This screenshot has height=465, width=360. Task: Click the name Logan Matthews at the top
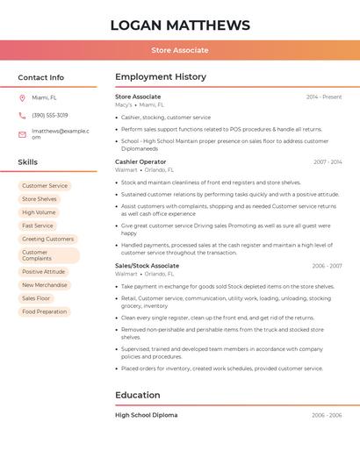[180, 25]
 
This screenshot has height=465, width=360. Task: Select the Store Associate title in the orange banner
[180, 50]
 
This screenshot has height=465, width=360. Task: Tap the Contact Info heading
[41, 77]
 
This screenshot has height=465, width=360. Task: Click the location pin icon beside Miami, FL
[22, 97]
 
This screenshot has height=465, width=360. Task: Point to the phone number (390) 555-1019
[50, 115]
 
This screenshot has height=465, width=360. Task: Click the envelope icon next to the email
[22, 134]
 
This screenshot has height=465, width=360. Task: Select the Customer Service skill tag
[45, 186]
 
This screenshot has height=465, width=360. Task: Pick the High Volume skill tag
[39, 212]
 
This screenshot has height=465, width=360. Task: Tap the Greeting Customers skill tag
[47, 239]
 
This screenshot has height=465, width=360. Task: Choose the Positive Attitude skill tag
[44, 272]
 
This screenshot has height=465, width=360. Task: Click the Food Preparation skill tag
[45, 311]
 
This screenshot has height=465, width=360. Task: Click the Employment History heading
[161, 77]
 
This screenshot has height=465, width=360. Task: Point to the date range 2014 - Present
[324, 97]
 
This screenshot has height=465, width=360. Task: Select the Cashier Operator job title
[140, 161]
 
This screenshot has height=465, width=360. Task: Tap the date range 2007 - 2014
[328, 161]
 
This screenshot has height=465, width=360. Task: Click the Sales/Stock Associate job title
[147, 265]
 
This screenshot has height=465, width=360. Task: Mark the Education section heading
[138, 395]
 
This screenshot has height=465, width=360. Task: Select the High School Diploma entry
[146, 415]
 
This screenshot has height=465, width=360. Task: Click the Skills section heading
[28, 162]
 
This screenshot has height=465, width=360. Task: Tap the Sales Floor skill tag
[37, 298]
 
